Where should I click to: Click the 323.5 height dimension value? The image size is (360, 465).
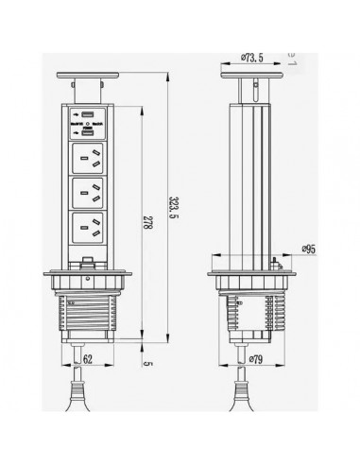169,207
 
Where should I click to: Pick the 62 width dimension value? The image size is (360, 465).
87,360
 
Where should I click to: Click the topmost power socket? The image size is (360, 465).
93,161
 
